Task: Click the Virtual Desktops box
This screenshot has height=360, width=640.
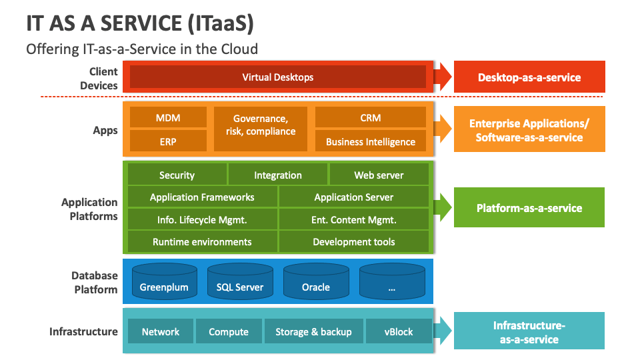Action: click(277, 77)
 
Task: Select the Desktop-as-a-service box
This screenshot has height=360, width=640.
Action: click(529, 77)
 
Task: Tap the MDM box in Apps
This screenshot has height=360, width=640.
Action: click(168, 118)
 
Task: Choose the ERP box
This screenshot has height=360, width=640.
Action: click(168, 141)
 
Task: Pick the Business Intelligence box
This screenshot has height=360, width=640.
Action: click(370, 141)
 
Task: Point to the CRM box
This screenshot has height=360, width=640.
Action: click(370, 118)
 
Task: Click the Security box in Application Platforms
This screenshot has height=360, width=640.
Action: click(177, 175)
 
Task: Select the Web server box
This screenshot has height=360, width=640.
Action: click(379, 175)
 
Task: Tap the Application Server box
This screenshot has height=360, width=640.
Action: click(353, 197)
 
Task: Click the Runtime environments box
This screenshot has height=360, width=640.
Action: click(202, 241)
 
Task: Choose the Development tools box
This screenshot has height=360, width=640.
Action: click(353, 241)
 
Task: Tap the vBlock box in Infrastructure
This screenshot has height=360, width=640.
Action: click(399, 331)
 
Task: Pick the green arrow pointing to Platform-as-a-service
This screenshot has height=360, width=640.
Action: click(443, 207)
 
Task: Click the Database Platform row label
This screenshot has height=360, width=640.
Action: click(95, 283)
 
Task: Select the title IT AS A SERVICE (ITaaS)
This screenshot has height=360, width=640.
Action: click(140, 23)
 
